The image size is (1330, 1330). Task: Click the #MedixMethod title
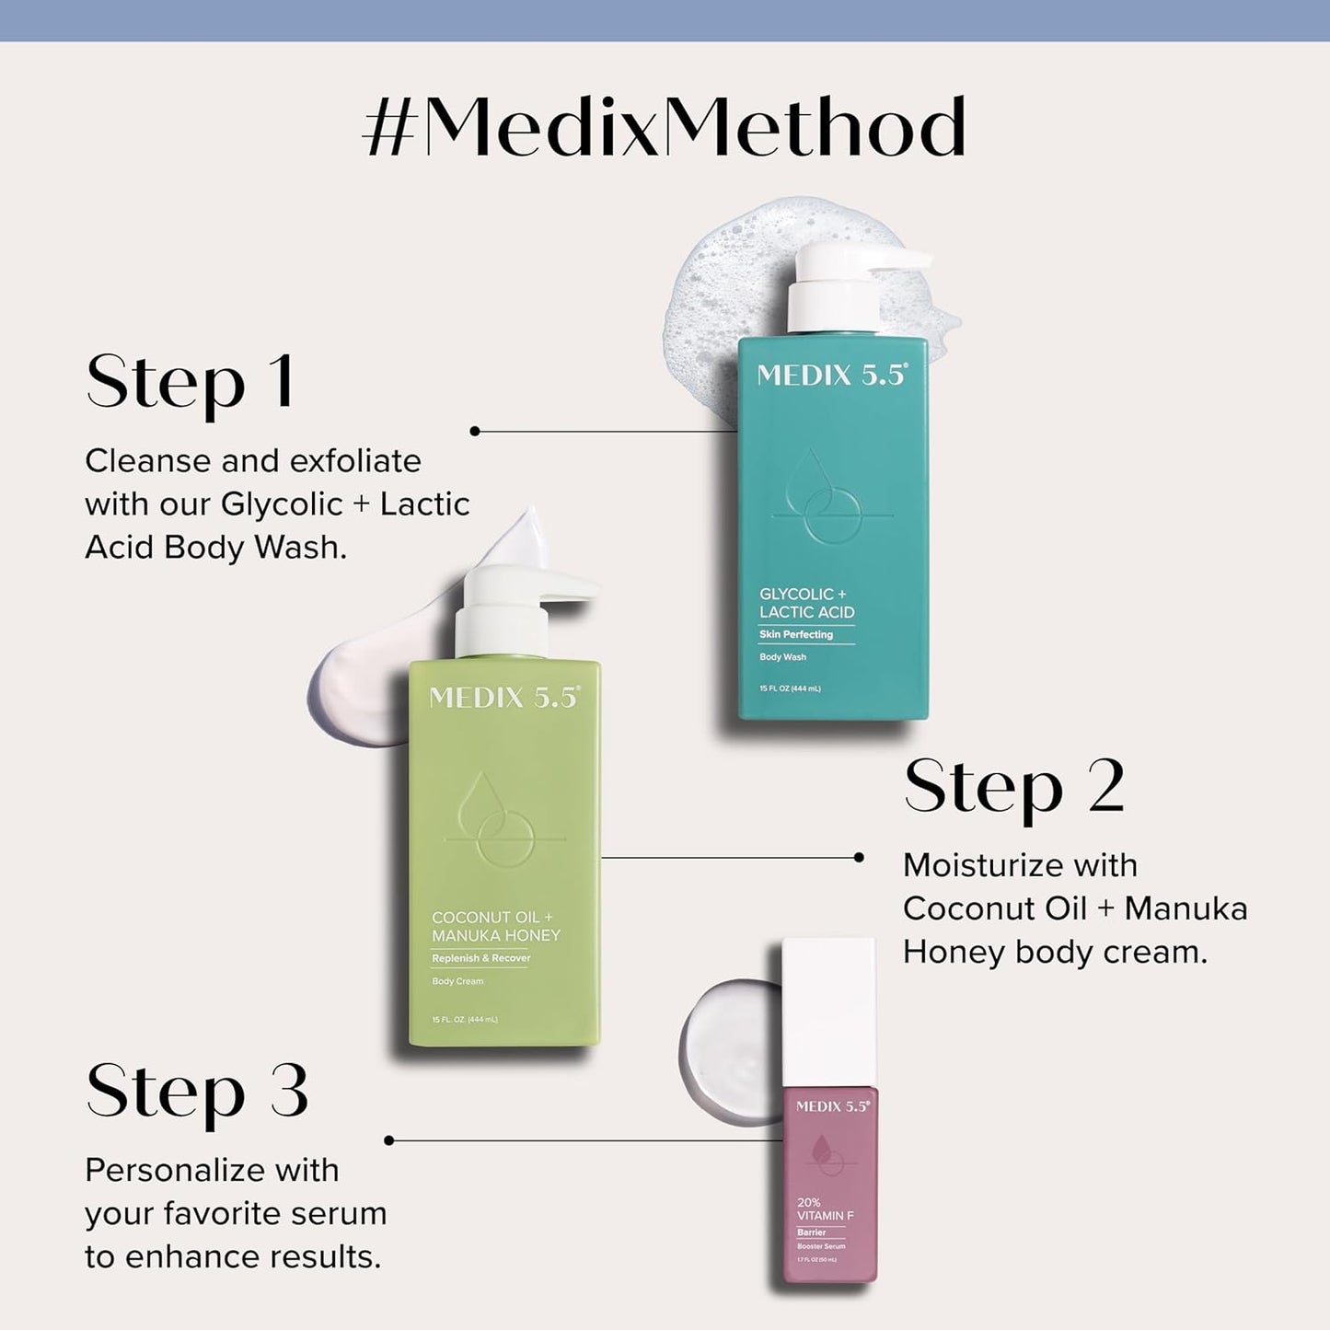click(x=665, y=128)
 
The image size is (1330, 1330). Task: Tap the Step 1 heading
click(x=191, y=383)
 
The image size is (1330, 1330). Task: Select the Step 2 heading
click(x=1014, y=788)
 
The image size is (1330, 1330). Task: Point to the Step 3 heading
click(x=197, y=1093)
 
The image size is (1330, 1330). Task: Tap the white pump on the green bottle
click(x=515, y=607)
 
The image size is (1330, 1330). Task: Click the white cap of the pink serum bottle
click(x=828, y=1012)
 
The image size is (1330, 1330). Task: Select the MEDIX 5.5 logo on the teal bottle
click(x=832, y=376)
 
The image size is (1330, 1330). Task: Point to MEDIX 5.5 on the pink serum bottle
click(x=832, y=1106)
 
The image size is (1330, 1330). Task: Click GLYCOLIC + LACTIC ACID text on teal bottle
click(x=807, y=603)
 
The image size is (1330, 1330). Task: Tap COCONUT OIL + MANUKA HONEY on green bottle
click(x=496, y=926)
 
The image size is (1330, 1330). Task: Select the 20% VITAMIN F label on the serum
click(x=825, y=1209)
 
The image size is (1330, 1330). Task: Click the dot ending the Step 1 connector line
click(x=475, y=431)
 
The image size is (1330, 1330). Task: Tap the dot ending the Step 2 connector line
click(x=859, y=857)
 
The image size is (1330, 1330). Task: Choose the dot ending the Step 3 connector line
click(x=389, y=1140)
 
